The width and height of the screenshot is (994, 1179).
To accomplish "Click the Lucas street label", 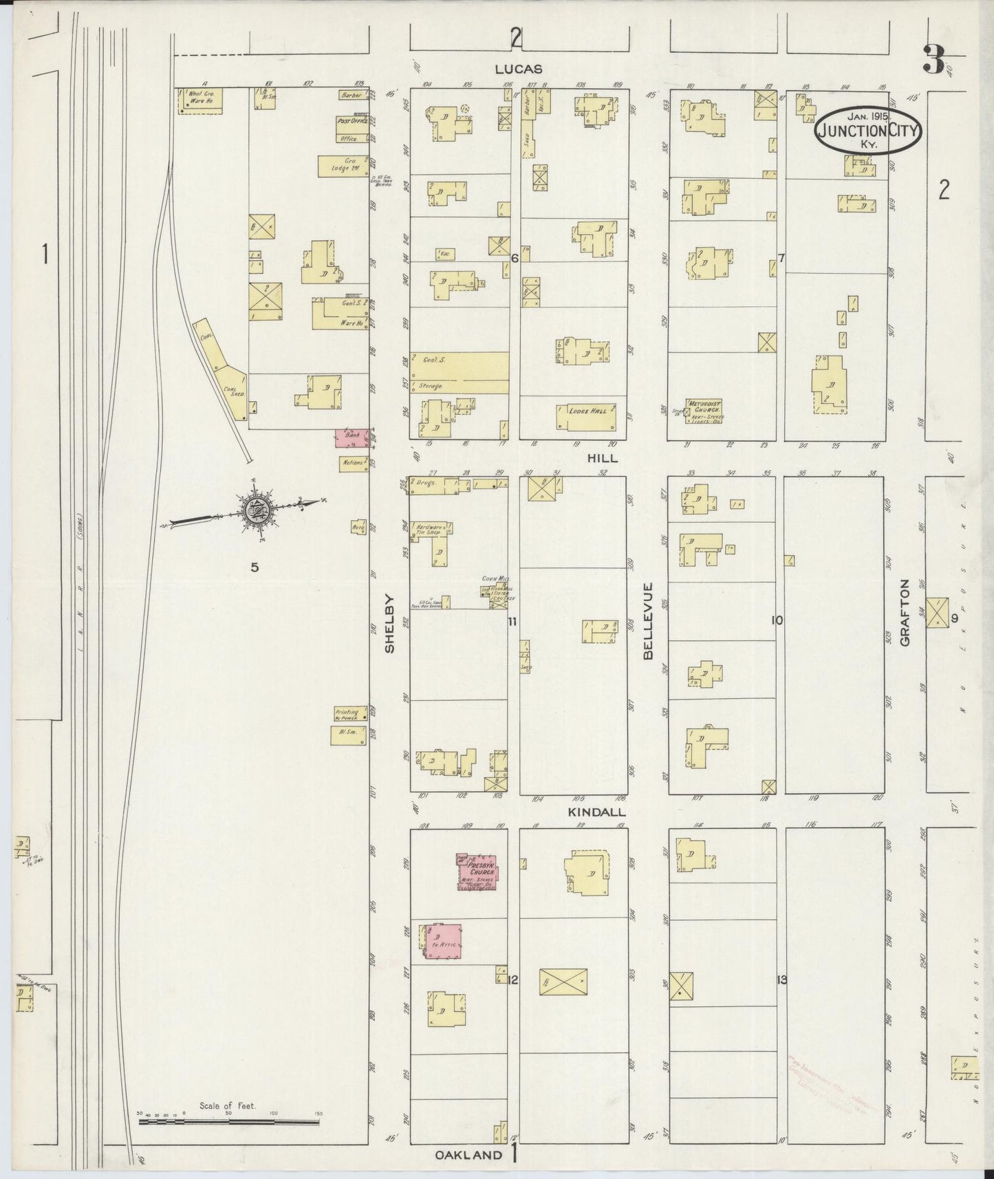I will click(x=519, y=69).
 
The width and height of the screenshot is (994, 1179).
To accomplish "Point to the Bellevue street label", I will click(x=648, y=622).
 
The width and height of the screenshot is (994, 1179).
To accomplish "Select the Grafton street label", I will click(x=905, y=622).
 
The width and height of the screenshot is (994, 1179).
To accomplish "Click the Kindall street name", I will click(x=587, y=812).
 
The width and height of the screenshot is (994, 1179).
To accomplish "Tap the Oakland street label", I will click(x=469, y=1156).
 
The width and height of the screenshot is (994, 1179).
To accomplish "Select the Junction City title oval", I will click(x=868, y=129).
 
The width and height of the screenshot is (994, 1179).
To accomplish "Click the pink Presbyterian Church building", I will click(x=479, y=871).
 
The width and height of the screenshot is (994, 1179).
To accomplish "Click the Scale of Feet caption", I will click(x=227, y=1105).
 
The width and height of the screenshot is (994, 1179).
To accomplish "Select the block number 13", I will click(x=781, y=980).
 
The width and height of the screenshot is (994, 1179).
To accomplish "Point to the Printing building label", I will click(x=347, y=713).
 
